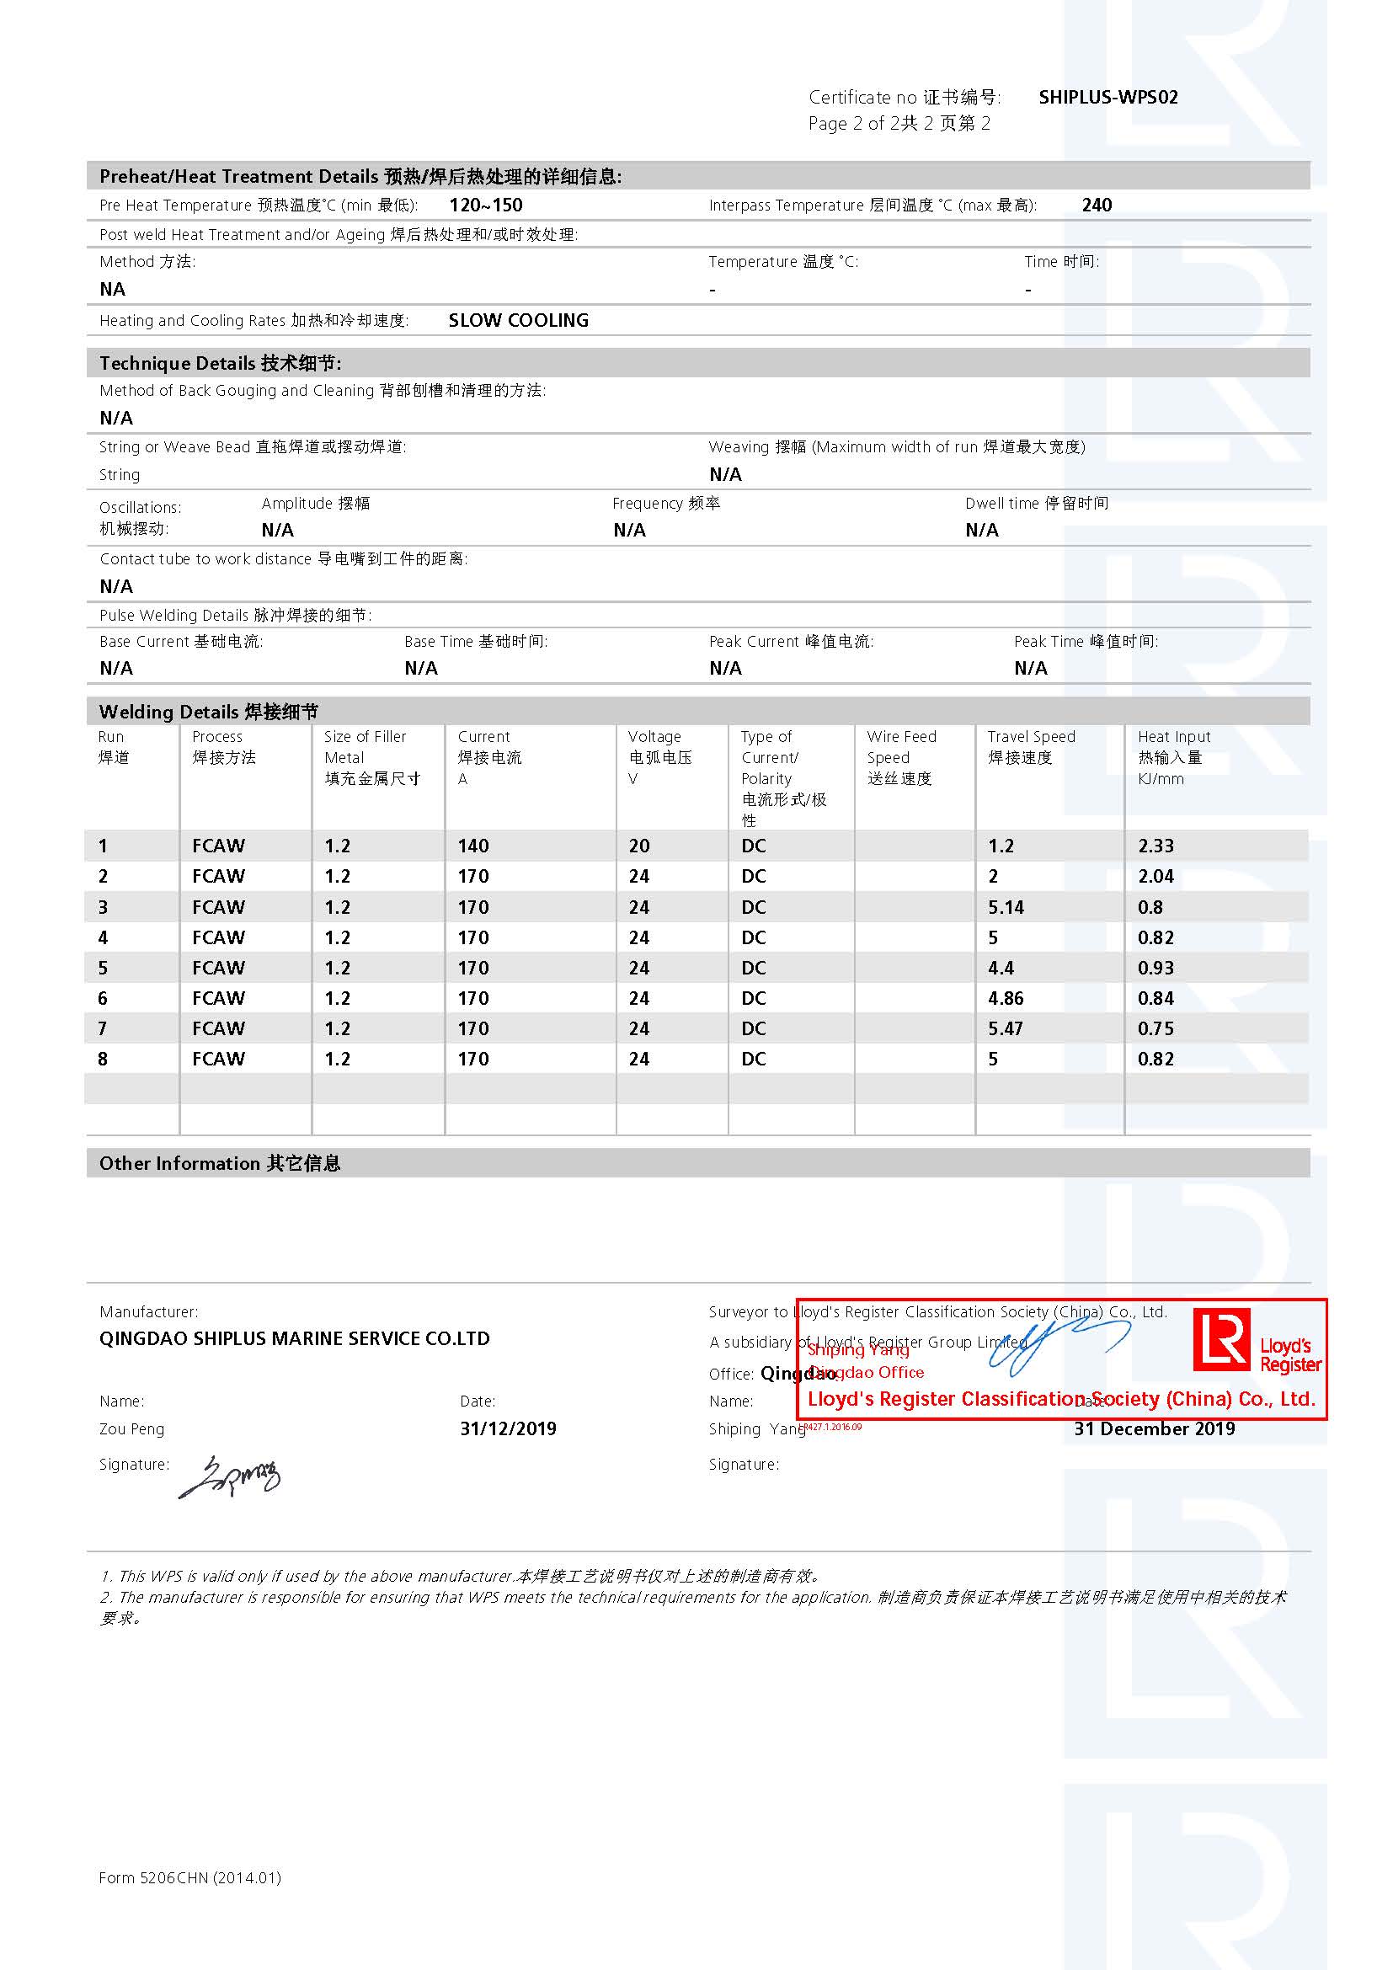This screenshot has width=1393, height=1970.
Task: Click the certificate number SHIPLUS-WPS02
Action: pyautogui.click(x=1107, y=97)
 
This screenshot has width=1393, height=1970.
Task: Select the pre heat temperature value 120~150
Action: pyautogui.click(x=485, y=205)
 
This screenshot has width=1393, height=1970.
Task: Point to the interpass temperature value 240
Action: pyautogui.click(x=1097, y=205)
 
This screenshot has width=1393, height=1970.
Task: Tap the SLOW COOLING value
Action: pyautogui.click(x=518, y=320)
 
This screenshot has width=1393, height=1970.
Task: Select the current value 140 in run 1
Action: pyautogui.click(x=472, y=846)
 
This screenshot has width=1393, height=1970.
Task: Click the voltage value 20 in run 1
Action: pyautogui.click(x=639, y=846)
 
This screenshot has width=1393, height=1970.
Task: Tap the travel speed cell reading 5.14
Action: pyautogui.click(x=1006, y=907)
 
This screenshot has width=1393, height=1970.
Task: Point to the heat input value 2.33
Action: pyautogui.click(x=1155, y=846)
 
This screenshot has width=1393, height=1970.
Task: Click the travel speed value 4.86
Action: pyautogui.click(x=1006, y=999)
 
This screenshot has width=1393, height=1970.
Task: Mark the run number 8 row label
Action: pyautogui.click(x=103, y=1059)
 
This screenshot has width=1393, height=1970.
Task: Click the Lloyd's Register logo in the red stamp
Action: pyautogui.click(x=1257, y=1343)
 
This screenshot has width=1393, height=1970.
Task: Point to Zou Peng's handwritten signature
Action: pyautogui.click(x=229, y=1476)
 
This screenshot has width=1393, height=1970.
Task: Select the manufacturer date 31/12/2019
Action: pyautogui.click(x=508, y=1428)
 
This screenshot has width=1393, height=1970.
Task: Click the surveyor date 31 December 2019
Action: pyautogui.click(x=1154, y=1428)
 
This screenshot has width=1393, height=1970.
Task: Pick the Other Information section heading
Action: pyautogui.click(x=220, y=1163)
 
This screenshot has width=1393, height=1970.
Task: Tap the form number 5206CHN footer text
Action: pyautogui.click(x=189, y=1877)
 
